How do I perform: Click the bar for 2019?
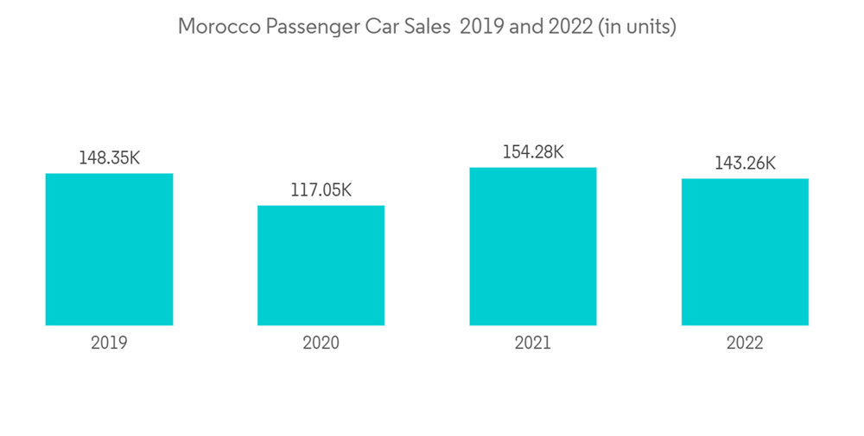pyautogui.click(x=109, y=249)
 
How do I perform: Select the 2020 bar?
pyautogui.click(x=321, y=266)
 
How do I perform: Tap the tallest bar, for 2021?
pyautogui.click(x=533, y=247)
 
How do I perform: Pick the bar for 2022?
pyautogui.click(x=745, y=252)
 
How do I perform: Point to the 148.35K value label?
pyautogui.click(x=109, y=158)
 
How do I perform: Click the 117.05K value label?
pyautogui.click(x=321, y=190)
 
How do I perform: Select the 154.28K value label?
pyautogui.click(x=533, y=152)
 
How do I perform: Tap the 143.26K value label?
pyautogui.click(x=745, y=163)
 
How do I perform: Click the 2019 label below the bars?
pyautogui.click(x=109, y=343)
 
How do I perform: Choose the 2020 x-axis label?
pyautogui.click(x=321, y=343)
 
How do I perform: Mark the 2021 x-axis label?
pyautogui.click(x=533, y=343)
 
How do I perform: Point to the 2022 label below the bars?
pyautogui.click(x=745, y=343)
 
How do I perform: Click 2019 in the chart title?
pyautogui.click(x=483, y=27)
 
